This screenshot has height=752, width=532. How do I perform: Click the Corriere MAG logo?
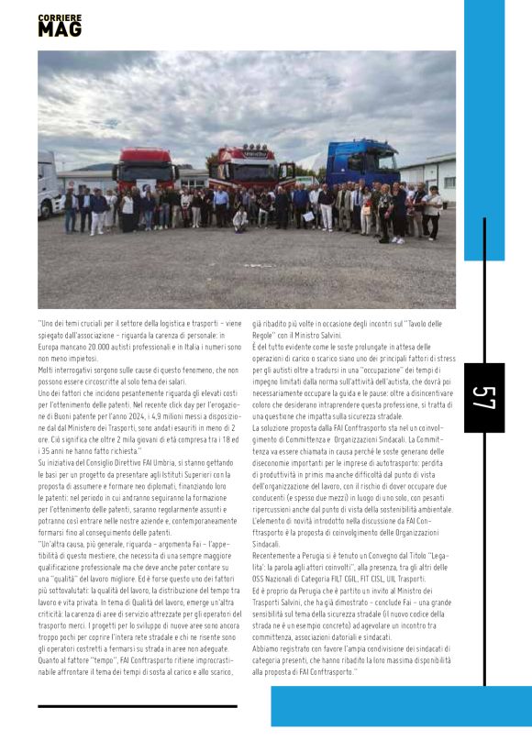coord(60,26)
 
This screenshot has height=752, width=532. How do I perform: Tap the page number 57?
coord(483,397)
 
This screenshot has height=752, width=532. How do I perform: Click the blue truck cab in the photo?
coord(362,163)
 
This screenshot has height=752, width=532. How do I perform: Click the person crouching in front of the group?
coord(239,219)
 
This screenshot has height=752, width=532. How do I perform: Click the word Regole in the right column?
coord(265,332)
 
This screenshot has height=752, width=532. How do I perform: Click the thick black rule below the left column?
coord(138,705)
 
